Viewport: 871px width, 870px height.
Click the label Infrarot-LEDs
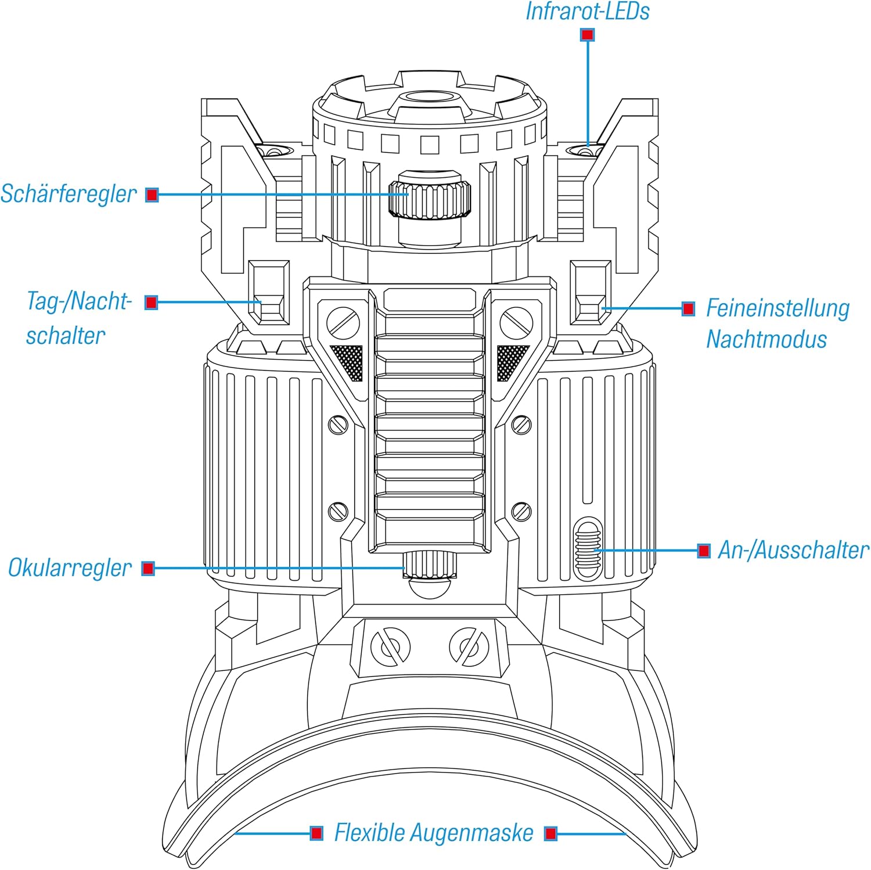tap(587, 12)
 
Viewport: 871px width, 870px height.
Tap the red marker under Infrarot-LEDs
tap(587, 35)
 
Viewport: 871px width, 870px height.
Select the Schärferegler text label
tap(69, 194)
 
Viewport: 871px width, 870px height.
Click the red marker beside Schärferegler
tap(152, 195)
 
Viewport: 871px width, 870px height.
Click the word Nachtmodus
tap(766, 339)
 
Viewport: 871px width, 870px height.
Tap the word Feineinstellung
tap(778, 308)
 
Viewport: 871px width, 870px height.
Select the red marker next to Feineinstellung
tap(688, 308)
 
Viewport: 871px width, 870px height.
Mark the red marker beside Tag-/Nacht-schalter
tap(151, 302)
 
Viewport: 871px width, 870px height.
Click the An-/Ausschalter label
tap(793, 550)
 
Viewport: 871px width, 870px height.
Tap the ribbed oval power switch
tap(588, 548)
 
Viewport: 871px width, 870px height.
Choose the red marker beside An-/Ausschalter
tap(704, 550)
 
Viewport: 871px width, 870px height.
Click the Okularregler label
tap(70, 568)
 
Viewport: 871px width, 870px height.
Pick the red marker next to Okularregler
tap(148, 568)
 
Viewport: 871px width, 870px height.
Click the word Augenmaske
tap(472, 833)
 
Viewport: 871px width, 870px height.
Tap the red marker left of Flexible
tap(316, 833)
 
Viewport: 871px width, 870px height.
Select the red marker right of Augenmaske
tap(550, 833)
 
